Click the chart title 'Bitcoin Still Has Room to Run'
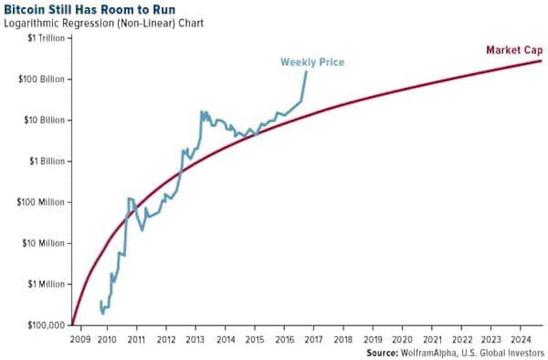90,10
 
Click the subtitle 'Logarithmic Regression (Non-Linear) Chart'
104,23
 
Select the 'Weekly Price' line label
312,62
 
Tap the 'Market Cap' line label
514,50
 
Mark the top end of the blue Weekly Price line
306,72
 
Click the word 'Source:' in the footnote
382,353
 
